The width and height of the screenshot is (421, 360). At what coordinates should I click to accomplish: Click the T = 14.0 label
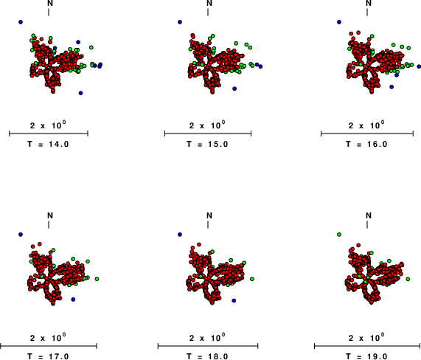coord(49,145)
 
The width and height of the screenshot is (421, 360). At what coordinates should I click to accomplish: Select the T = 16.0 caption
coord(366,145)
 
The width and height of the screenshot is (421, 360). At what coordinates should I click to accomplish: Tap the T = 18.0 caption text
coord(207,356)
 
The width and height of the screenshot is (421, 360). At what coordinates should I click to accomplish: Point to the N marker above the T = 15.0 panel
coord(209,3)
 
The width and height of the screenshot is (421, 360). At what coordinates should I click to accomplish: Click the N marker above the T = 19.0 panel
coord(369,215)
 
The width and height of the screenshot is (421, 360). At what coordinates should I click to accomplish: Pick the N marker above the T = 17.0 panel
coord(50,215)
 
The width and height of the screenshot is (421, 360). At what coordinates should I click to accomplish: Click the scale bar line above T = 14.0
coord(49,134)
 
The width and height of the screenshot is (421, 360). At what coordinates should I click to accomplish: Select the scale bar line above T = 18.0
coord(208,346)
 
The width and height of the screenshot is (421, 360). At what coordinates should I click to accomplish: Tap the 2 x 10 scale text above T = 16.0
coord(366,125)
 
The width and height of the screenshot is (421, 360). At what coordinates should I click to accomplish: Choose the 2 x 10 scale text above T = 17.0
coord(48,337)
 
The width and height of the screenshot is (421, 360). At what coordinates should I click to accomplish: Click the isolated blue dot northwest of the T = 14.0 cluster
coord(21,22)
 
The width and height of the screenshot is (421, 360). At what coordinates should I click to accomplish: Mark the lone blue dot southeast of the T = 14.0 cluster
coord(80,93)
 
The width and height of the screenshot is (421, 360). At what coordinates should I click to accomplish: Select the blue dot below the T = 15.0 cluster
coord(234,89)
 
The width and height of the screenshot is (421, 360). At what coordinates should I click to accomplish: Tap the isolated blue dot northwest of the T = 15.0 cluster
coord(180,22)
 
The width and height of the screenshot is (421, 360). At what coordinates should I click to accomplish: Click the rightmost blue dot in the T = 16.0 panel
coord(419,66)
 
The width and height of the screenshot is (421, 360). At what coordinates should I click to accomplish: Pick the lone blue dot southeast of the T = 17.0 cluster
coord(73,300)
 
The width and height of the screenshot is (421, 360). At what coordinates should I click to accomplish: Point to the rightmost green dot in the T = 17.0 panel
coord(97,279)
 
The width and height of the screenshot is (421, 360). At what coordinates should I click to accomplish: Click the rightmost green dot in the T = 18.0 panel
coord(252,279)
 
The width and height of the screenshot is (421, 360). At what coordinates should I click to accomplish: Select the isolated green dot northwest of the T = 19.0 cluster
coord(339,235)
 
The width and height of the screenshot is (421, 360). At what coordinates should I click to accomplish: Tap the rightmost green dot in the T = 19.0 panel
coord(408,279)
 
